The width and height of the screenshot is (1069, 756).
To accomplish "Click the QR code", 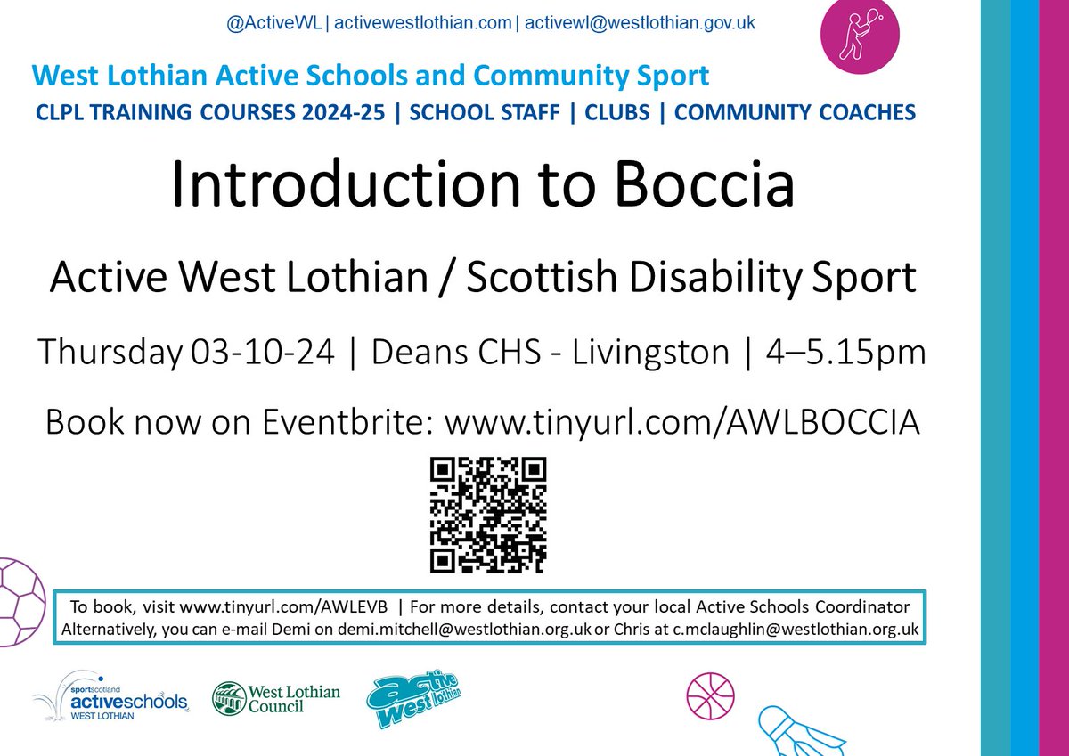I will [x=488, y=516].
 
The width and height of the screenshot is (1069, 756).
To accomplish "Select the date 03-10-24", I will [x=263, y=354].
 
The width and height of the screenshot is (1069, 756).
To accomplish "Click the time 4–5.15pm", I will [x=845, y=354].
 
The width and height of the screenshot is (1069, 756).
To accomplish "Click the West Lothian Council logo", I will [x=275, y=697].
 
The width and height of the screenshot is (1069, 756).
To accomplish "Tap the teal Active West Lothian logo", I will [x=418, y=700].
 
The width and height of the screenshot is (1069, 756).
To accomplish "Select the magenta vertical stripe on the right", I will [x=1053, y=378].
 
